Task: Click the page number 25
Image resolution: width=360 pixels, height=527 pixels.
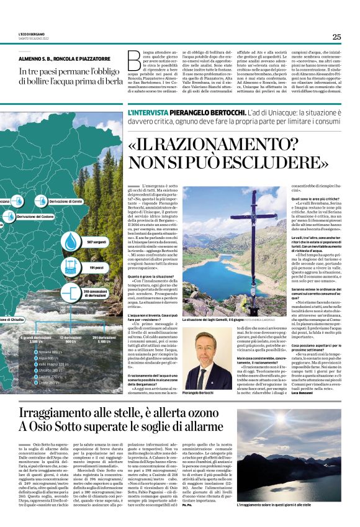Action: pos(336,37)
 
